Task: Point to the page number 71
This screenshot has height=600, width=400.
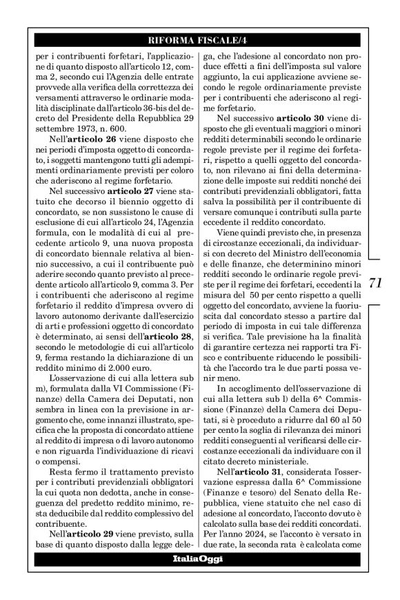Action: click(x=375, y=283)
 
